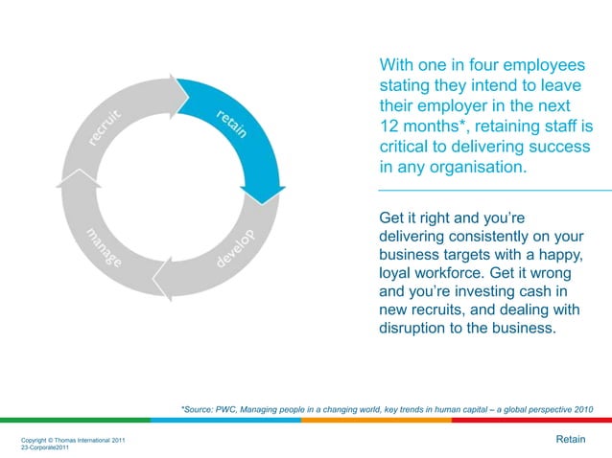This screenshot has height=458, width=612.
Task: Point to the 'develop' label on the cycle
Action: tap(235, 248)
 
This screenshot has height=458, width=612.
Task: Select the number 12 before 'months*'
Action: tap(389, 126)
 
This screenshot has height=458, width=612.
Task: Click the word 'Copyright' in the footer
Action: tap(36, 440)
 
